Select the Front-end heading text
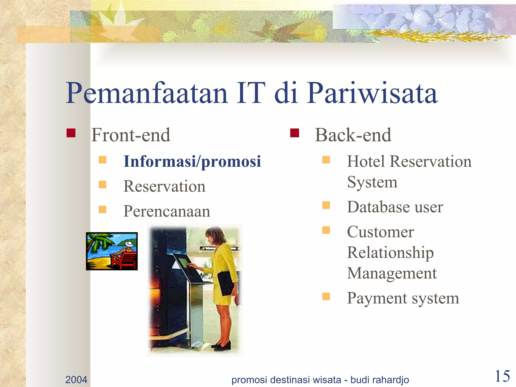[131, 135]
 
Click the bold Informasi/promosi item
[192, 162]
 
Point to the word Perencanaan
[167, 211]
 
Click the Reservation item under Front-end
[164, 187]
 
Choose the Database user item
[395, 207]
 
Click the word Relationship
[390, 253]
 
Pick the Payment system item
[403, 298]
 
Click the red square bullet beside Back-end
[294, 133]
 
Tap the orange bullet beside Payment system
[326, 296]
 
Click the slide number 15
[502, 376]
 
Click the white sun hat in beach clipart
[129, 244]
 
